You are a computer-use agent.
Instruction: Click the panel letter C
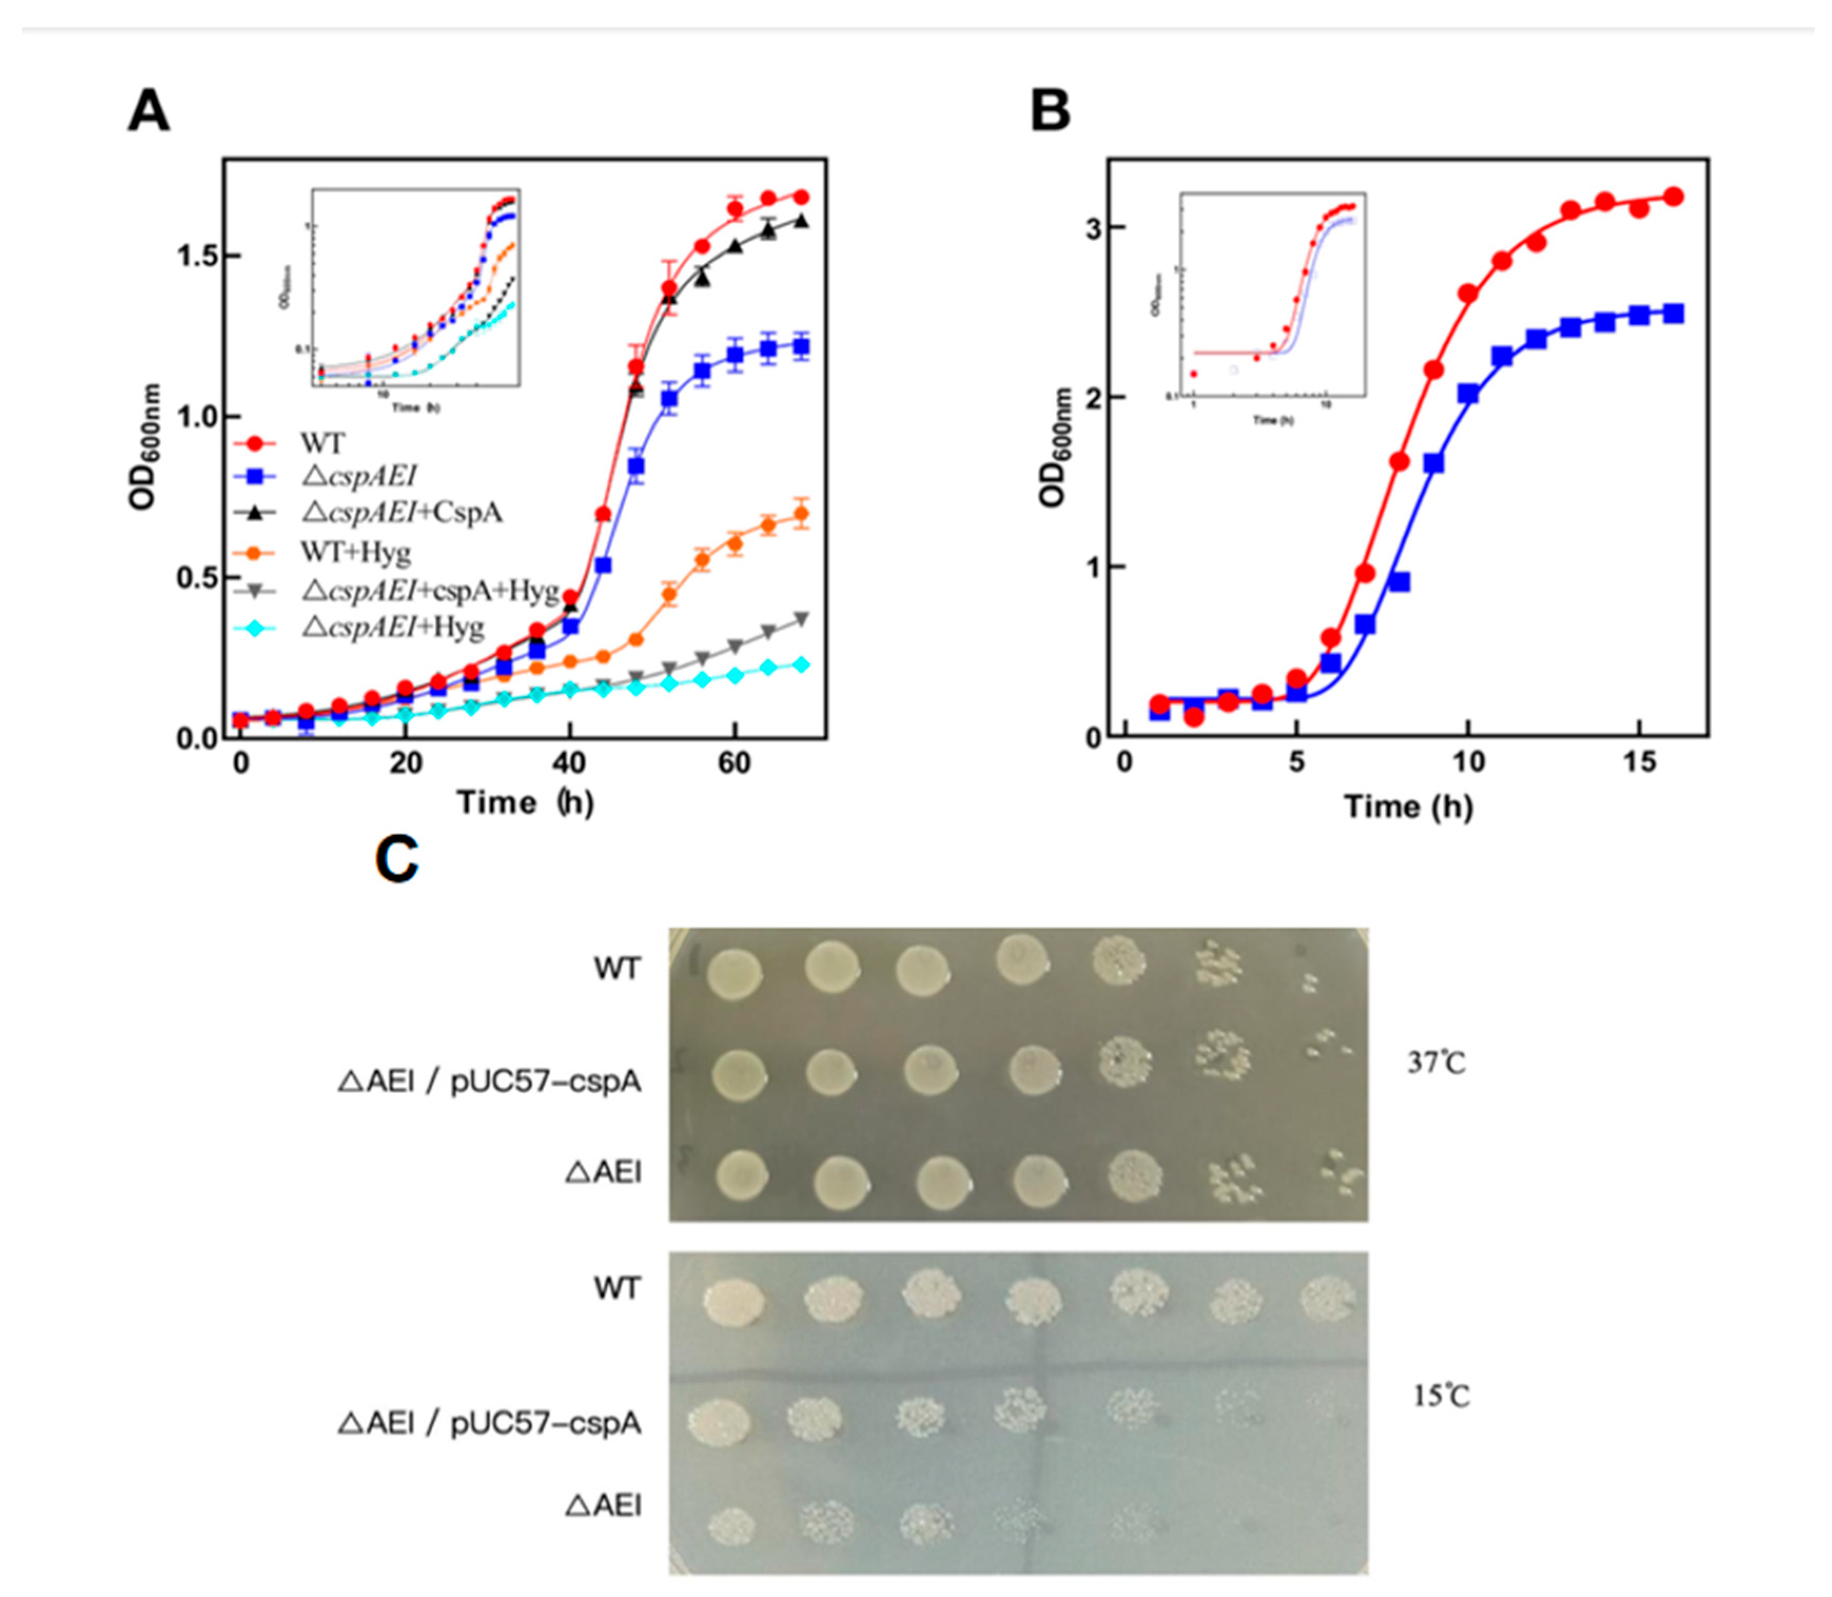coord(397,860)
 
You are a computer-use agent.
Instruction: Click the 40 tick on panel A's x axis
coord(570,764)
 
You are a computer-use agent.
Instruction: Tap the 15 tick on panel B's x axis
coord(1640,764)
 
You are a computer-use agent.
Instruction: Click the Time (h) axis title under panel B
coord(1408,807)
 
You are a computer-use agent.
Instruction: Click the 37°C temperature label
coord(1436,1062)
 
